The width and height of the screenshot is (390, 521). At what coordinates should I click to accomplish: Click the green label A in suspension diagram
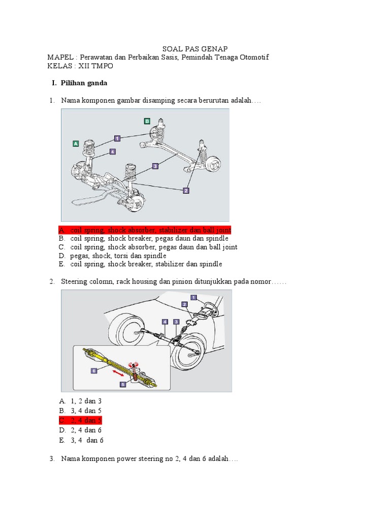pyautogui.click(x=76, y=144)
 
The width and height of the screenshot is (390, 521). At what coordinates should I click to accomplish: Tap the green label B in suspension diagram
pyautogui.click(x=147, y=121)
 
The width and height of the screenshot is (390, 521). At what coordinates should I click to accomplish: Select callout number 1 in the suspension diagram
pyautogui.click(x=117, y=138)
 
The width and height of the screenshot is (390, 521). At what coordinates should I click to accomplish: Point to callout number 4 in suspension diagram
pyautogui.click(x=112, y=151)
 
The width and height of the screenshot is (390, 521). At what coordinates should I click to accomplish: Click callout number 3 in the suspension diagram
pyautogui.click(x=155, y=165)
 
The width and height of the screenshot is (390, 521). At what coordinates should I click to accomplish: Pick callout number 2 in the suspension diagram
pyautogui.click(x=186, y=190)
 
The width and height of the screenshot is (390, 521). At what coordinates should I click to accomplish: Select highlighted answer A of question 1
pyautogui.click(x=145, y=230)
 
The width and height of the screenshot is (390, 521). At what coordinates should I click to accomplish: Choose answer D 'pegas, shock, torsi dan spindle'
pyautogui.click(x=118, y=255)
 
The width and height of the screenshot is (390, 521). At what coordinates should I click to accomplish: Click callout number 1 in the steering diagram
pyautogui.click(x=193, y=297)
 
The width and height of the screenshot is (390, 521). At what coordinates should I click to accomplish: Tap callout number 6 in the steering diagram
pyautogui.click(x=94, y=371)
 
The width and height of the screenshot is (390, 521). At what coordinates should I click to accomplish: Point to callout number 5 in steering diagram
pyautogui.click(x=123, y=385)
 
